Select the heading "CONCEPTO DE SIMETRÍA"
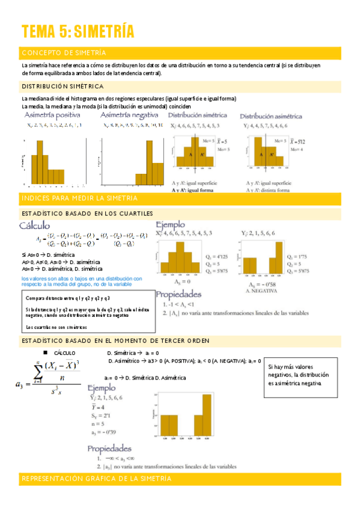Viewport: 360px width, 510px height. click(x=64, y=53)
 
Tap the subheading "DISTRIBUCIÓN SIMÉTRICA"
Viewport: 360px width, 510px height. click(x=63, y=87)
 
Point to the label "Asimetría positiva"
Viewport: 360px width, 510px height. click(x=53, y=114)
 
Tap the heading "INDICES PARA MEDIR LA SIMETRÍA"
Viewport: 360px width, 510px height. click(x=79, y=198)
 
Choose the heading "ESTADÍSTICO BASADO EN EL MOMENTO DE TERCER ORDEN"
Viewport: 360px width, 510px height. click(x=115, y=341)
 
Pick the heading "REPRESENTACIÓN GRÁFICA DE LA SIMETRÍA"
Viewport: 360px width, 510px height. click(x=96, y=479)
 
